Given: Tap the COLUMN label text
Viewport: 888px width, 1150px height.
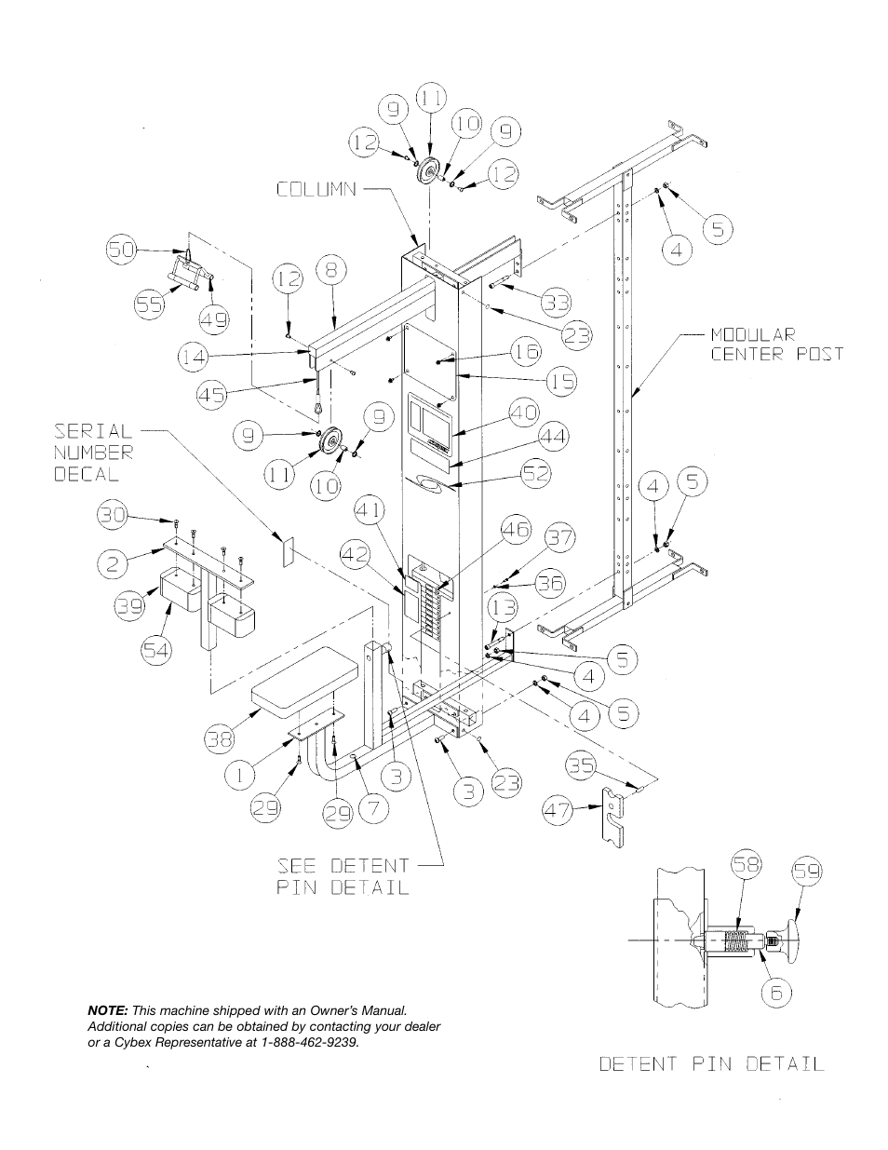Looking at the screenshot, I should (x=316, y=189).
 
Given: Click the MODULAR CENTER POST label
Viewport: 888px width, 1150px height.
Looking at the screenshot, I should (x=776, y=343).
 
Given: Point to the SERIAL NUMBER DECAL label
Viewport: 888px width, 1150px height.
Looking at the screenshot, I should (x=93, y=453).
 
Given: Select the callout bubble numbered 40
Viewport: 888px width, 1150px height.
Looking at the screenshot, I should (x=524, y=413).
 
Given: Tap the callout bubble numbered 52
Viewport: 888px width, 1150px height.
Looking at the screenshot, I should (x=533, y=473).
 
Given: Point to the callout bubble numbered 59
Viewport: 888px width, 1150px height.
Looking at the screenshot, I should (x=808, y=873).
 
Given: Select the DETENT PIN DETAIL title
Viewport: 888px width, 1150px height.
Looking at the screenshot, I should (x=711, y=1063).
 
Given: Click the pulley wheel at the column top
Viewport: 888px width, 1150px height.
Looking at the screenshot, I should (x=428, y=174).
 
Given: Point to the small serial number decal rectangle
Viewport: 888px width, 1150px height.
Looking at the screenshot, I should (x=287, y=550).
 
